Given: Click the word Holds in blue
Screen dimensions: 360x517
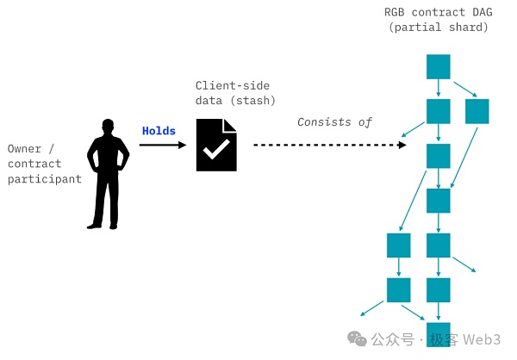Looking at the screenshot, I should point(159,131).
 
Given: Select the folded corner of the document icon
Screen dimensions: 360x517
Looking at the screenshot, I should point(229,126).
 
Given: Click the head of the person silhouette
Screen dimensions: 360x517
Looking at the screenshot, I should point(108,128).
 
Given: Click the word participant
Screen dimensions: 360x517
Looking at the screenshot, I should point(44,179).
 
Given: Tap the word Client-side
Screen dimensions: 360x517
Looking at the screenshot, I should point(231,85).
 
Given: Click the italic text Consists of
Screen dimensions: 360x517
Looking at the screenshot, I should point(334,121).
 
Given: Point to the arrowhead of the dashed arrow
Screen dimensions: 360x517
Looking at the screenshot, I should point(402,145).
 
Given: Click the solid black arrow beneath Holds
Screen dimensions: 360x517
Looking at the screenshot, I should point(163,145).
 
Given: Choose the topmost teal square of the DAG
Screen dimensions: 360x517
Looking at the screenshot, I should point(439,66).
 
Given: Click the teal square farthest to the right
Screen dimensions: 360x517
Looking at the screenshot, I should point(477,111).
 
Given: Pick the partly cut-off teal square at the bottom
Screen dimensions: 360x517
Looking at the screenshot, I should point(439,334).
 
